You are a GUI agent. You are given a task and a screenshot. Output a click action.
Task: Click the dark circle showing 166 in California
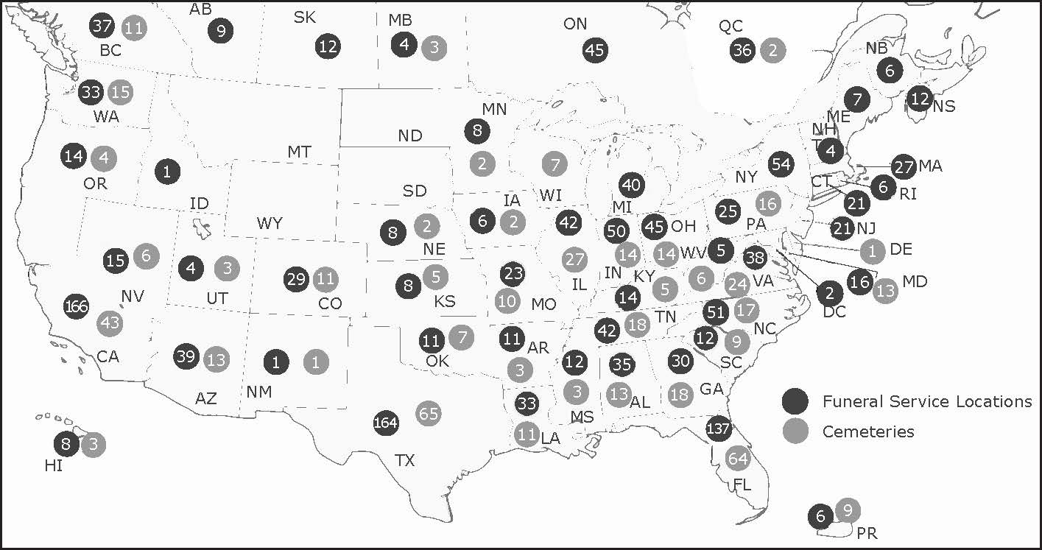click(x=77, y=306)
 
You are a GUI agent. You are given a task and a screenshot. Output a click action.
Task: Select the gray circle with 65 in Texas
click(x=429, y=413)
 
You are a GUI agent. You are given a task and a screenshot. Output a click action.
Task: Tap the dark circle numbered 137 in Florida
click(x=717, y=429)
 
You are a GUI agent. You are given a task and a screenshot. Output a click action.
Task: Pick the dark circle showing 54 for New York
click(x=781, y=164)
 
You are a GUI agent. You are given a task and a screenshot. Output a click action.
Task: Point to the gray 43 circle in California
click(x=111, y=322)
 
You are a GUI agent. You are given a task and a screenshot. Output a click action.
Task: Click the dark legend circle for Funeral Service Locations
click(x=795, y=401)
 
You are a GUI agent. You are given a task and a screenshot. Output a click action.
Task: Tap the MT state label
click(x=299, y=152)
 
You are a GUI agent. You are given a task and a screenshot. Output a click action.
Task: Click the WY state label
click(x=270, y=223)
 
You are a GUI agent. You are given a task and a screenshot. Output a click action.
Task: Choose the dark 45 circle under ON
click(x=595, y=50)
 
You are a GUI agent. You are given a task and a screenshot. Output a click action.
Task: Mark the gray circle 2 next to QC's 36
click(x=772, y=50)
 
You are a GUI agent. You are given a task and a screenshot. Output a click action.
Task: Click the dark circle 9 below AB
click(x=220, y=31)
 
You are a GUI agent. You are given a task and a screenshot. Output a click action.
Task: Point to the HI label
click(x=53, y=465)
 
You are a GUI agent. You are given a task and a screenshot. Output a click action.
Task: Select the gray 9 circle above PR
click(x=848, y=510)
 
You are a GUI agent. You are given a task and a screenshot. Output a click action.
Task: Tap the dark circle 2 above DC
click(x=830, y=293)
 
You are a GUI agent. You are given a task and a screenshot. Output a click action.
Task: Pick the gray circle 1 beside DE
click(x=873, y=251)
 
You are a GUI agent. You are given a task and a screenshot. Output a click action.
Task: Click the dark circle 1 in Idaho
click(x=168, y=172)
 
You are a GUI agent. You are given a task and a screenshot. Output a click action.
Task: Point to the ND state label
click(x=410, y=135)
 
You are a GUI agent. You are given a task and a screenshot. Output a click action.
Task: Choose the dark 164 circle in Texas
click(x=386, y=423)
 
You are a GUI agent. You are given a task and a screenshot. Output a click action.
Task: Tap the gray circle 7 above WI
click(x=555, y=163)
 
